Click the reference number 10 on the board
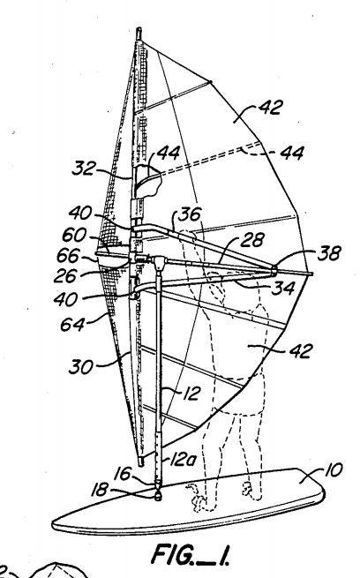point(334,470)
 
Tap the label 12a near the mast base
point(183,459)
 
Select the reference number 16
point(123,473)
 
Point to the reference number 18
point(100,489)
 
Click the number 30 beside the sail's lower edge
point(80,367)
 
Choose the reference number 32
point(84,169)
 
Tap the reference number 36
point(190,214)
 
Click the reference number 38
point(329,253)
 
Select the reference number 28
point(252,240)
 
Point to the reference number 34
point(283,288)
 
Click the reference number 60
point(74,235)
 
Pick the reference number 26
point(65,275)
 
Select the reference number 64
point(72,324)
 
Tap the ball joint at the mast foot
point(159,495)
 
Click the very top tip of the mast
point(139,28)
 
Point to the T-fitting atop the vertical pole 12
point(159,262)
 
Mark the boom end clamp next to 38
point(274,270)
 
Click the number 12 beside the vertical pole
point(191,394)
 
